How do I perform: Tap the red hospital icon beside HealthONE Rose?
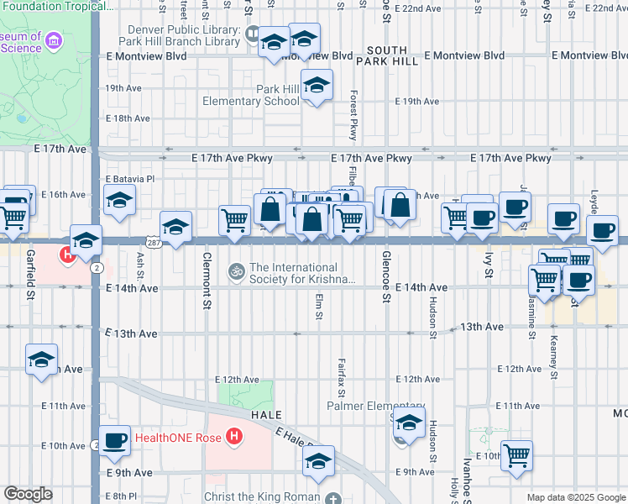(236, 438)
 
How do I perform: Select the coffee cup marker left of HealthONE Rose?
(114, 440)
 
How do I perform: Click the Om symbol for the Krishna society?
(235, 270)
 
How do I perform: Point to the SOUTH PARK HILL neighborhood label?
(386, 55)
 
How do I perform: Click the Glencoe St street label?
(386, 276)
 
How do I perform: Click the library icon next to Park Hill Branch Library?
(253, 34)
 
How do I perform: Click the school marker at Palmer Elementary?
(408, 424)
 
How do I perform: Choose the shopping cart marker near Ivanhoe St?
(516, 454)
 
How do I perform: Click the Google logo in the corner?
(28, 494)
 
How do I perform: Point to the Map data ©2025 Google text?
(575, 497)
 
